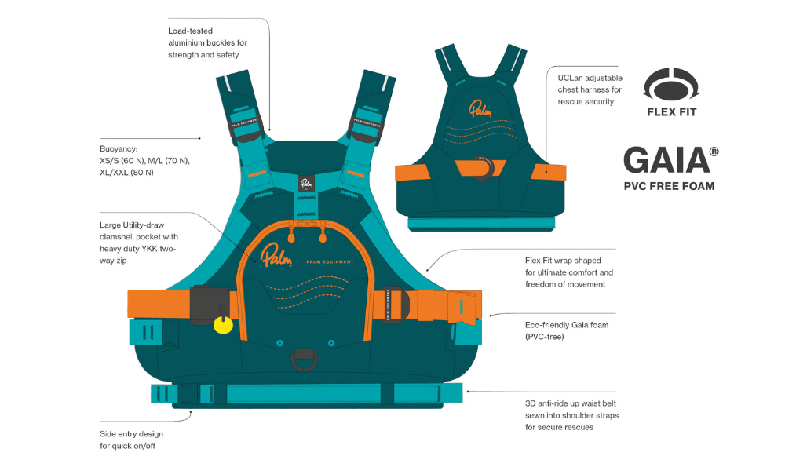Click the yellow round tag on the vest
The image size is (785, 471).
[223, 325]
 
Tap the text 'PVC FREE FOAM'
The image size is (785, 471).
[670, 187]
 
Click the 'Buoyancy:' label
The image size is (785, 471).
[119, 148]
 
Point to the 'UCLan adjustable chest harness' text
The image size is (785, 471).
[590, 90]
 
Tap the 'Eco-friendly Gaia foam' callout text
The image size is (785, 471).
[567, 330]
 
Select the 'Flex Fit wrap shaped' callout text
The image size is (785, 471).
[568, 272]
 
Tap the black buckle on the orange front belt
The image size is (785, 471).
[208, 303]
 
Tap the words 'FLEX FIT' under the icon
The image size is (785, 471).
[671, 111]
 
